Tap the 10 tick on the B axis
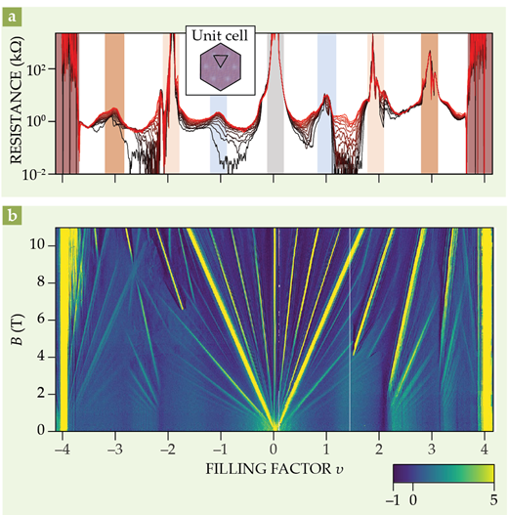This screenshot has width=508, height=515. point(43,245)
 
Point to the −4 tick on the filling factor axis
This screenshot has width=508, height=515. point(63,446)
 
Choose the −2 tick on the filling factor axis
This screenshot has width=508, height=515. point(168,446)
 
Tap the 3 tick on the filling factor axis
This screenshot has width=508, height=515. point(433,446)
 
